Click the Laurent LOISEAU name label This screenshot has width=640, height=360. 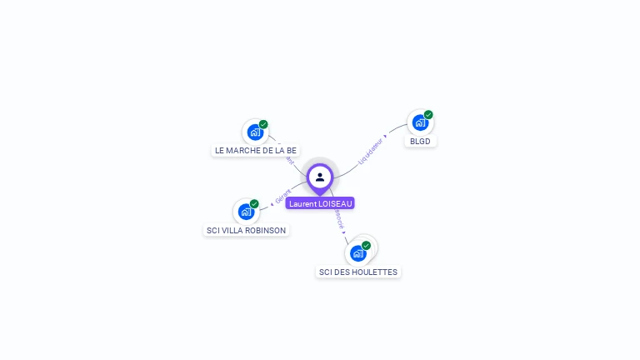[320, 203]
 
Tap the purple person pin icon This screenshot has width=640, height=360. [320, 177]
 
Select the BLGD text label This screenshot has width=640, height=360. [420, 142]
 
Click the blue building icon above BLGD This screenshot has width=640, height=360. [420, 123]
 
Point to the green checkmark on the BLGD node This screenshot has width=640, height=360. [428, 115]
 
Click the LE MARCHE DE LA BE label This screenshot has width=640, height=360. [255, 151]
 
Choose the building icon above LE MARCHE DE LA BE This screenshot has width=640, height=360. [255, 132]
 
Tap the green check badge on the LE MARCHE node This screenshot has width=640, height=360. [263, 124]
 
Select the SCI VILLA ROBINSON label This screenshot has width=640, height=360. [246, 231]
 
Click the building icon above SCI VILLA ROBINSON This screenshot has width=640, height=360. [246, 212]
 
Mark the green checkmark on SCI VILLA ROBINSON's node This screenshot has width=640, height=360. [254, 203]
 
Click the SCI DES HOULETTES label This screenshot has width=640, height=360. [358, 272]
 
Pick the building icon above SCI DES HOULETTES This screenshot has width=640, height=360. [358, 252]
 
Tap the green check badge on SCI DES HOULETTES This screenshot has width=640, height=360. [366, 245]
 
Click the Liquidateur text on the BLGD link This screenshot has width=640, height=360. [369, 151]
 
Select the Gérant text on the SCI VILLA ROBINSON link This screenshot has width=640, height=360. [283, 197]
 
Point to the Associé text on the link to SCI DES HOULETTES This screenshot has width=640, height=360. [338, 220]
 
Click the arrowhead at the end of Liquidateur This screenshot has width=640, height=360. [385, 135]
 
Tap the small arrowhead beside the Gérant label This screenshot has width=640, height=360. [272, 202]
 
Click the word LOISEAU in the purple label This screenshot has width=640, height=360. [336, 203]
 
